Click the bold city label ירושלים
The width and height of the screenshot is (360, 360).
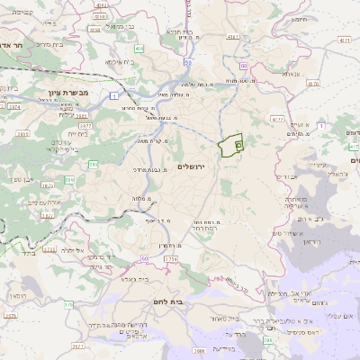(x=193, y=168)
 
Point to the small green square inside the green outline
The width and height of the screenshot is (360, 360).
(x=238, y=143)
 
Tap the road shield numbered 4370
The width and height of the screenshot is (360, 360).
(x=312, y=84)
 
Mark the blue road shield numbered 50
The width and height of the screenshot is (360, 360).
(x=187, y=63)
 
